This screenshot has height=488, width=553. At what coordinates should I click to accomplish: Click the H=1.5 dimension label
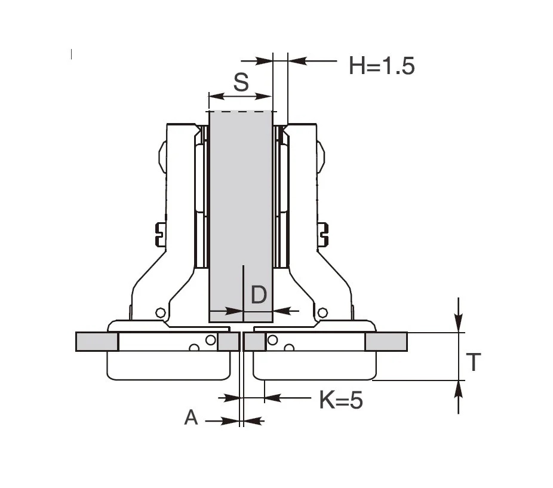pos(382,66)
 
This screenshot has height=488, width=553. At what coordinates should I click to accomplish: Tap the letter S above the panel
pos(241,82)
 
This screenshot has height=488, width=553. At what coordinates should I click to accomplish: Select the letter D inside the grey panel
pos(259,294)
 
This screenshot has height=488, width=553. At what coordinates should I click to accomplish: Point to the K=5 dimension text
pos(341,400)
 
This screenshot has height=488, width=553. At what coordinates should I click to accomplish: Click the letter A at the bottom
pos(191,418)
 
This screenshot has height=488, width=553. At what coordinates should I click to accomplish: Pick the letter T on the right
pos(474,362)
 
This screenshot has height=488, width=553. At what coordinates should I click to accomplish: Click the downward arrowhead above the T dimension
pos(458,323)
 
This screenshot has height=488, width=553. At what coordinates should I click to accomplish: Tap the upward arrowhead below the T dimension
pos(458,390)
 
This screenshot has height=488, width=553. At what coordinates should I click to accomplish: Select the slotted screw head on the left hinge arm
pos(161,235)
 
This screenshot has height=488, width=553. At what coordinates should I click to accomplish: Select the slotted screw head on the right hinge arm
pos(323,235)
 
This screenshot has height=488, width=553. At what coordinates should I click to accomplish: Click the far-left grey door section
pos(97,342)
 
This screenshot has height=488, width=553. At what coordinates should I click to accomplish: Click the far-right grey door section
pos(386,342)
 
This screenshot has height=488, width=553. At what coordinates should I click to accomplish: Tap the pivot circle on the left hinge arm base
pos(161,312)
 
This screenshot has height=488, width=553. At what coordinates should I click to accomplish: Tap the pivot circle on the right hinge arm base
pos(322,312)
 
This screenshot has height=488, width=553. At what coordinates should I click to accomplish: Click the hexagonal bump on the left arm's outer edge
pos(162,156)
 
